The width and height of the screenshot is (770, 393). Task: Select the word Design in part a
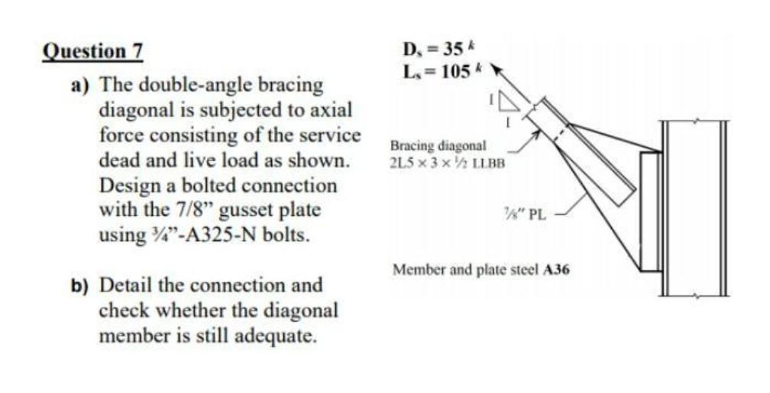(128, 185)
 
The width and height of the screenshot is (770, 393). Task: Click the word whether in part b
(191, 311)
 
